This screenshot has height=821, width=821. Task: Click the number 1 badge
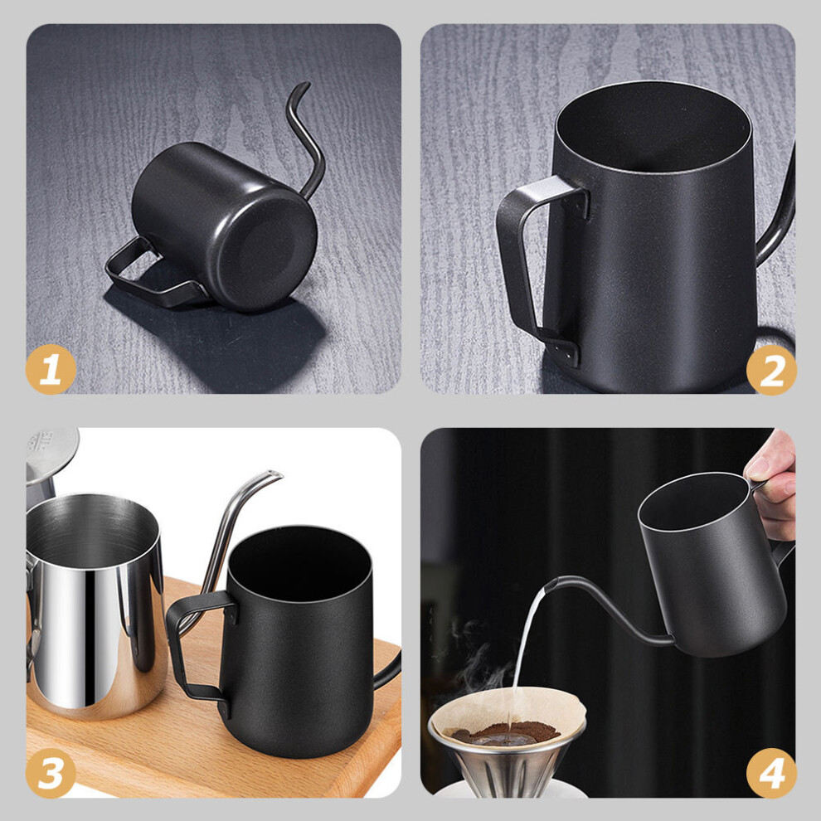[51, 369]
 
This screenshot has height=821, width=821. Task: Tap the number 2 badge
[771, 370]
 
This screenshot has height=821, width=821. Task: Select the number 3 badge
[51, 773]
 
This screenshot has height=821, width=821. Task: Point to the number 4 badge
[771, 773]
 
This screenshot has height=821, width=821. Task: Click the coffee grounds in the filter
[505, 732]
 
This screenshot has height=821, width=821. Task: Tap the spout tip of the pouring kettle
[550, 585]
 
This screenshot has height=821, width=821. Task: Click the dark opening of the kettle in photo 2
[654, 127]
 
